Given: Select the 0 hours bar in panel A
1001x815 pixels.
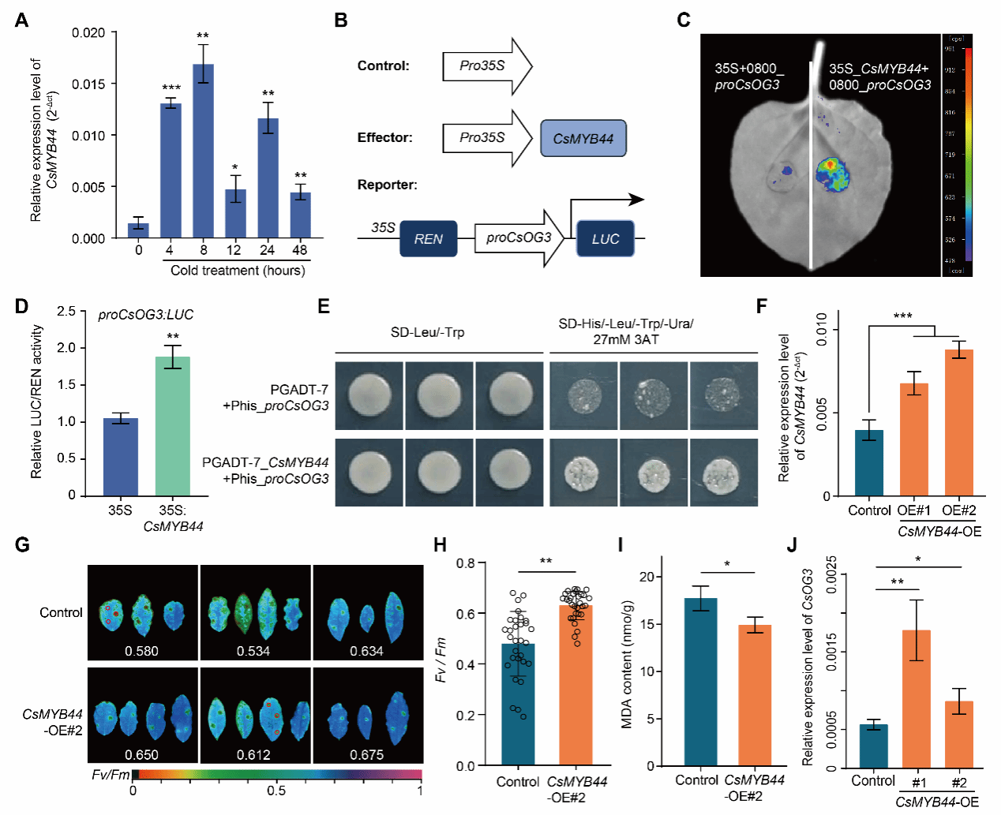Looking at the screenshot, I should coord(139,230).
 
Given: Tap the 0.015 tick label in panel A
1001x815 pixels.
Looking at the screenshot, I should coord(88,84).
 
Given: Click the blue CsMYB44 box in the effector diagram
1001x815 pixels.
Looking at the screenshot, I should coord(583,139).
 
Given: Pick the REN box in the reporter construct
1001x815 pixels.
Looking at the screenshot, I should coord(429,239).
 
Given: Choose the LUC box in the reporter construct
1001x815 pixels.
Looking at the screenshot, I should coord(605,239).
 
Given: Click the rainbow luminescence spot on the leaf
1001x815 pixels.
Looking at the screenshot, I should coord(831,174).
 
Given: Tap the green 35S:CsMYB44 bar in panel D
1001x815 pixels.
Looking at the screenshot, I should coord(173,426).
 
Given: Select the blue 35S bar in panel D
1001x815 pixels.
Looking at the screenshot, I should coord(121,457).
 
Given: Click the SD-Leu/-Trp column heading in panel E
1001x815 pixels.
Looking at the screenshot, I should coord(427,332).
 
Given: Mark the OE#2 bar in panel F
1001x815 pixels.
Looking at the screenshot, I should coord(959,423).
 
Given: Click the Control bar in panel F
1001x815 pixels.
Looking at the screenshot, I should coord(869,463).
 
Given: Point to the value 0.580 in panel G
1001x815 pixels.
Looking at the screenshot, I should coord(141,651).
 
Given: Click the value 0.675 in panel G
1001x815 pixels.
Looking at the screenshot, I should coord(366,755).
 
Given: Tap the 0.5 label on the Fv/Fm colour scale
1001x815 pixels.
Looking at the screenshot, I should coord(276,791).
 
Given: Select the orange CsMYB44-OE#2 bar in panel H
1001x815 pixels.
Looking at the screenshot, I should coord(575,685).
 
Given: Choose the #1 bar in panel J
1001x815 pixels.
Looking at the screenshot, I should coord(917,700).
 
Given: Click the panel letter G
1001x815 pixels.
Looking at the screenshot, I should coord(22,545).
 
